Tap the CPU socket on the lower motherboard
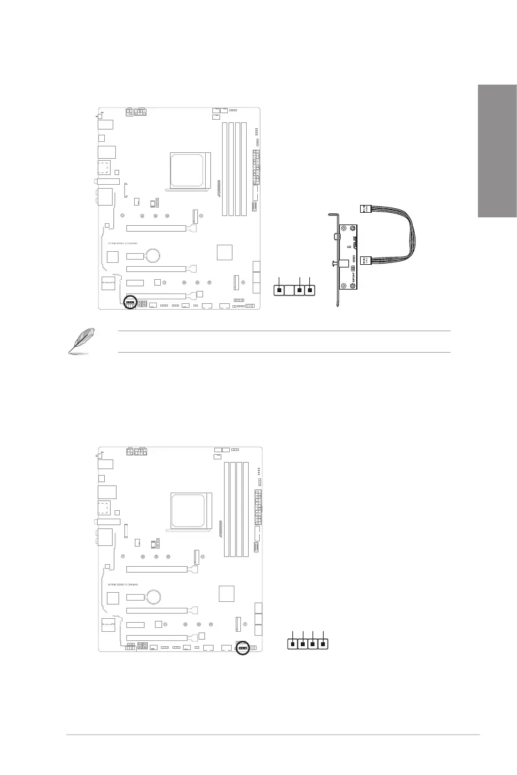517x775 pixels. click(192, 510)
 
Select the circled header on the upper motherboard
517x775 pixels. click(130, 303)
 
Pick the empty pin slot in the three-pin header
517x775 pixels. click(289, 290)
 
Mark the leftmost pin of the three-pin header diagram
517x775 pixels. click(279, 290)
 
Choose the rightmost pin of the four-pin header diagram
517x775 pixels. click(324, 645)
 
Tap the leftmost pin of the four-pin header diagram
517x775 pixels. click(293, 645)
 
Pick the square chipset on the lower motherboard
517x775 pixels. click(226, 593)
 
